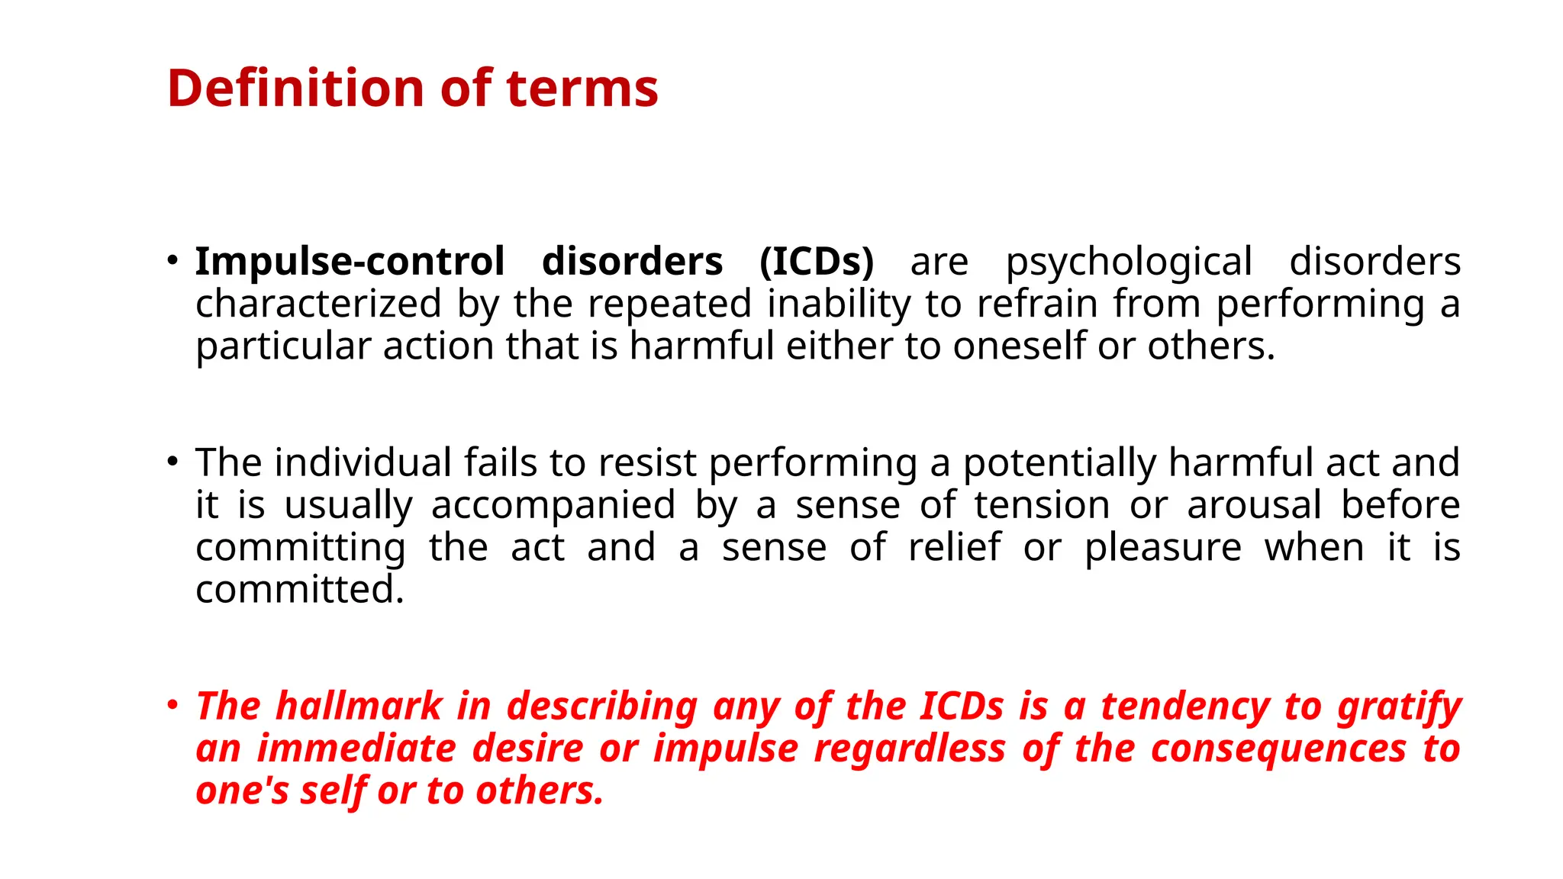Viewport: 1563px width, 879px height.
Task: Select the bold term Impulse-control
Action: coord(350,262)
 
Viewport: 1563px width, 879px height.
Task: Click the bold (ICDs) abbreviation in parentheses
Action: coord(816,262)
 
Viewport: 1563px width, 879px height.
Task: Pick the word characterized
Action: coord(318,304)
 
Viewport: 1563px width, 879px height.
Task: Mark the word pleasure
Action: coord(1163,549)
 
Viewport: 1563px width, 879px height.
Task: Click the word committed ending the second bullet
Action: coord(299,590)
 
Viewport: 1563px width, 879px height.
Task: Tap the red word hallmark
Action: coord(359,706)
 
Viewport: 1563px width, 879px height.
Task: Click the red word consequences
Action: coord(1278,749)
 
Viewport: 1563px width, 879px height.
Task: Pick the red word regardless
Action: coord(910,749)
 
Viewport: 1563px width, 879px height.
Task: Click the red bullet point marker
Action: coord(173,704)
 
